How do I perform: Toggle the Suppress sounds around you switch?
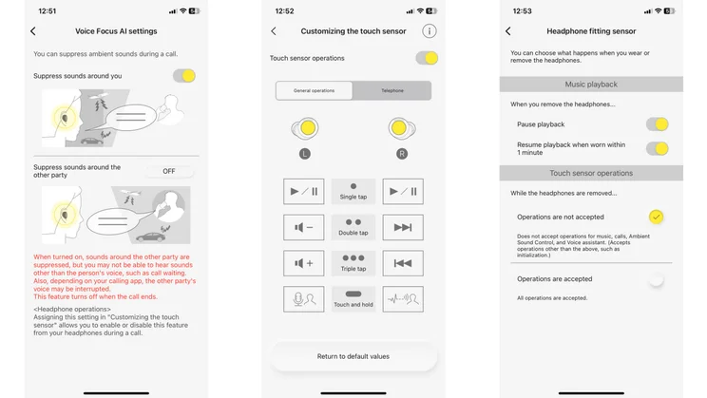pos(184,76)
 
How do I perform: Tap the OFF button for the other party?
pos(169,171)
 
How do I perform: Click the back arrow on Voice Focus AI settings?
pos(33,31)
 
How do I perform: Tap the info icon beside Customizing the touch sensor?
pos(430,31)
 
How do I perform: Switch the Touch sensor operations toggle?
pos(427,59)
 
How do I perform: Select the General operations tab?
pos(314,91)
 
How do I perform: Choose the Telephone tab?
pos(392,91)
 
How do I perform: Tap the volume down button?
pos(303,228)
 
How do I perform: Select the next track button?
pos(403,228)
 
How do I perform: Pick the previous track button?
pos(403,263)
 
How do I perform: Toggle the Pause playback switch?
pos(657,124)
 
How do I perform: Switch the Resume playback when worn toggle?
pos(657,148)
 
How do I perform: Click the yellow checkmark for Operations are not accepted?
pos(656,217)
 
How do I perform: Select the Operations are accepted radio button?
pos(656,279)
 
